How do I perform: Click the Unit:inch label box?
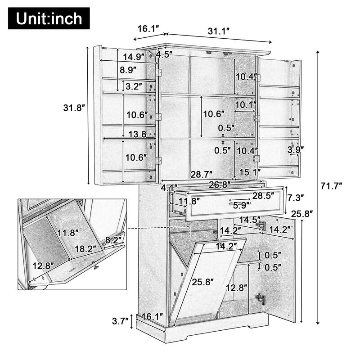pos(49,18)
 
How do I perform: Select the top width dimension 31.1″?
pos(219,31)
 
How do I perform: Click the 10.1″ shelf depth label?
pos(246,105)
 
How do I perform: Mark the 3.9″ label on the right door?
pos(296,149)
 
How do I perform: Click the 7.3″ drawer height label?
pos(295,197)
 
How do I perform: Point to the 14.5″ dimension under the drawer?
pos(250,220)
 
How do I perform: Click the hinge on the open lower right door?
pos(260,298)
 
